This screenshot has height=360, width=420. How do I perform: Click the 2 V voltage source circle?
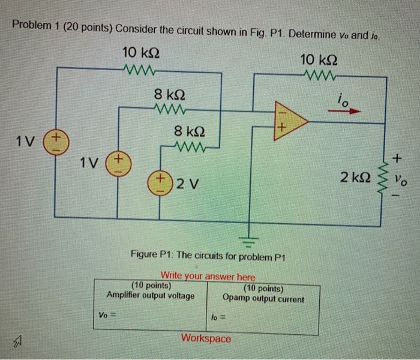click(161, 183)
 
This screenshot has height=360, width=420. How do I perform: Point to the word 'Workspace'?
click(206, 338)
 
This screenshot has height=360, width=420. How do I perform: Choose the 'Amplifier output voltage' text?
click(151, 295)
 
